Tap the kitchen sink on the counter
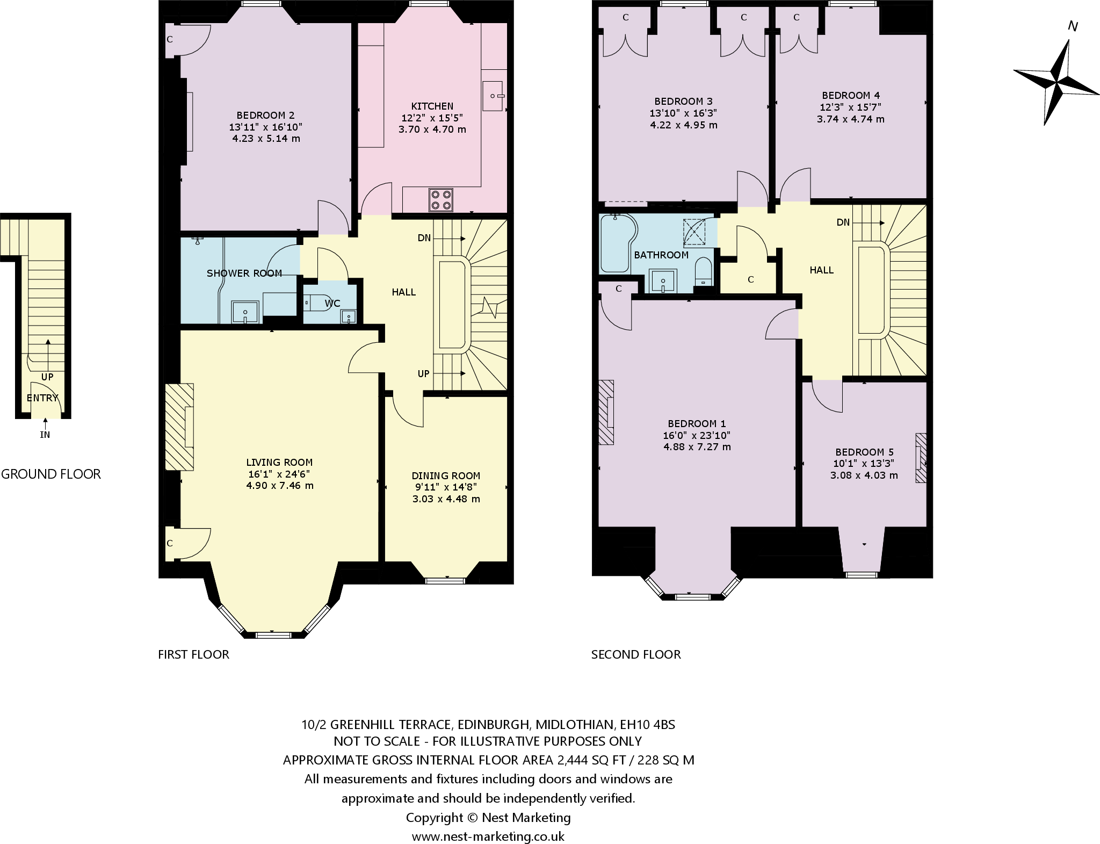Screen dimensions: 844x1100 pos(494,96)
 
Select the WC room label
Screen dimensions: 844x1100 pos(332,304)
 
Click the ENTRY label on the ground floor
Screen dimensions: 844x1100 pos(42,398)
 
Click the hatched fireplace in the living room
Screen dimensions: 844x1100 pos(179,427)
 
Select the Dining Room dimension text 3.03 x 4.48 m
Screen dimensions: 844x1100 pos(446,499)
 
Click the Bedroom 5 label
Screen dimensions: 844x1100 pos(864,452)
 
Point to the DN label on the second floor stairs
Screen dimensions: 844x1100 pos(843,222)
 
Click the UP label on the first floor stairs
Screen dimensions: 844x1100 pos(423,373)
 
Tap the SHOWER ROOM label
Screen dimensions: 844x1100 pos(244,273)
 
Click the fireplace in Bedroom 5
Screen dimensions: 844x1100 pos(921,458)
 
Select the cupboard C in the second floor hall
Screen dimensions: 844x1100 pos(750,279)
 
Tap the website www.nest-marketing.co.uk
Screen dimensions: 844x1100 pos(488,836)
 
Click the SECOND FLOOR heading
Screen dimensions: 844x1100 pos(636,654)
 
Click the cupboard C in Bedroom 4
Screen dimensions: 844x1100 pos(796,18)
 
